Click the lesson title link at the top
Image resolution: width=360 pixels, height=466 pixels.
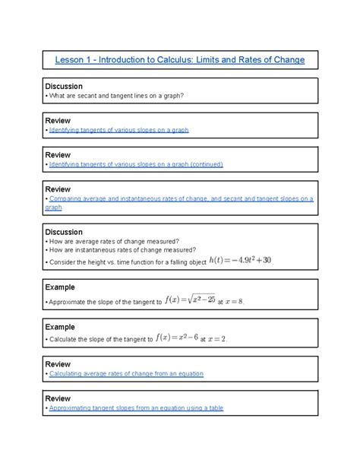tap(180, 59)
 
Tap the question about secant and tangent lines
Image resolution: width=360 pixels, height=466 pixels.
tap(118, 95)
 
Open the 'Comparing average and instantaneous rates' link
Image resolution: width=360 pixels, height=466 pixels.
tap(180, 198)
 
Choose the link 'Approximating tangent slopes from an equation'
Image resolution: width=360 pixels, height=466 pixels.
tap(136, 408)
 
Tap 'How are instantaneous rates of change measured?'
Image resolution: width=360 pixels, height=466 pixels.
tap(122, 249)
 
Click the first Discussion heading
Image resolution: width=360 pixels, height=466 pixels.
tap(65, 86)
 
